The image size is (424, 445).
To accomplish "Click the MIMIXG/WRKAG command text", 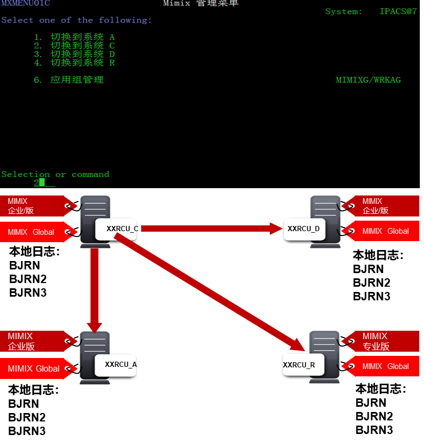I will (x=368, y=80).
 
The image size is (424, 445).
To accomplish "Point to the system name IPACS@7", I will (x=398, y=12).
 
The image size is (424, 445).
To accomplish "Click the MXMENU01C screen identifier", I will (x=26, y=3).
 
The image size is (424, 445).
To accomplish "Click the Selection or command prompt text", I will (x=55, y=174).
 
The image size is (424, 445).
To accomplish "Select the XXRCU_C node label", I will (x=122, y=229).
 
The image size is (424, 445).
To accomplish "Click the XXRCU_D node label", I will (x=303, y=229).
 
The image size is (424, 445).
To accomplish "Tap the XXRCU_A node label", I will (x=121, y=364).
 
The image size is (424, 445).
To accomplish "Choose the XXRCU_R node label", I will (x=299, y=365).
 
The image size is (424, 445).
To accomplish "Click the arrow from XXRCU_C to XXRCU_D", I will (x=210, y=228).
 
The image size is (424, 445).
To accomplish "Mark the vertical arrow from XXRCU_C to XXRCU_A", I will (x=95, y=288).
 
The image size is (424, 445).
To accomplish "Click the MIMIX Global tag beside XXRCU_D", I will (x=385, y=231).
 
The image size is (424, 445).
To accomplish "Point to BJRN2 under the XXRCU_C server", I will (x=28, y=279).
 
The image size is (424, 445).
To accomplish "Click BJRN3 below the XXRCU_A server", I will (x=27, y=431).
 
